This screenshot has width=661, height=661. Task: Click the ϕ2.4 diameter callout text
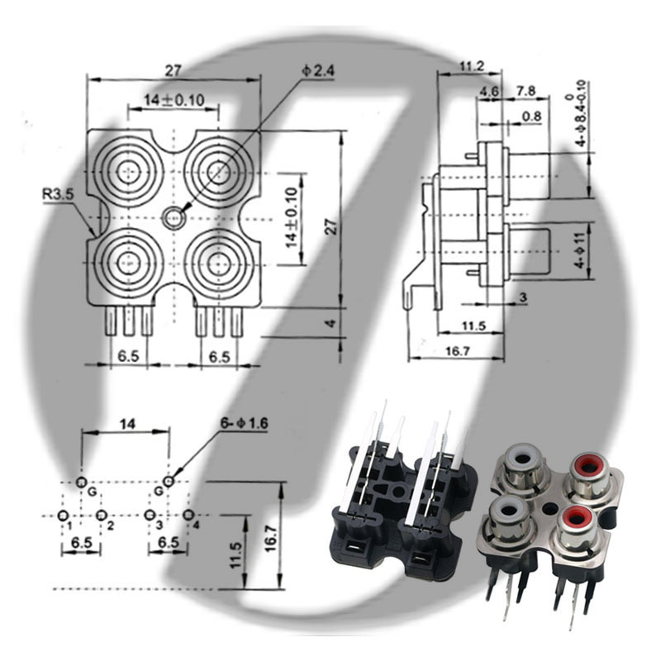tap(318, 71)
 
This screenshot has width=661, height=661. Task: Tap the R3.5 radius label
tap(58, 194)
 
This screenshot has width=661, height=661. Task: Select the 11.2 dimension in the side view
tap(472, 66)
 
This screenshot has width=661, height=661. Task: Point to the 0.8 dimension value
tap(531, 116)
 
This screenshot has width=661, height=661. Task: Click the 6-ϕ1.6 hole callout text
tap(244, 423)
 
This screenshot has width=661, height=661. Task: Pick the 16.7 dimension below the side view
tap(458, 350)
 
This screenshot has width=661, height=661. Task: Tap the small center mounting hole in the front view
tap(174, 218)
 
